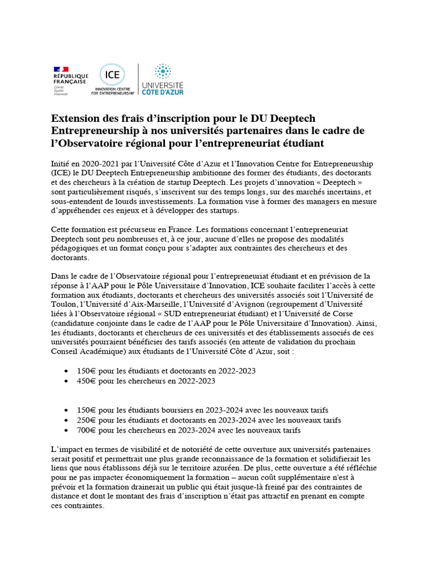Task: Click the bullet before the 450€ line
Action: [67, 381]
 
